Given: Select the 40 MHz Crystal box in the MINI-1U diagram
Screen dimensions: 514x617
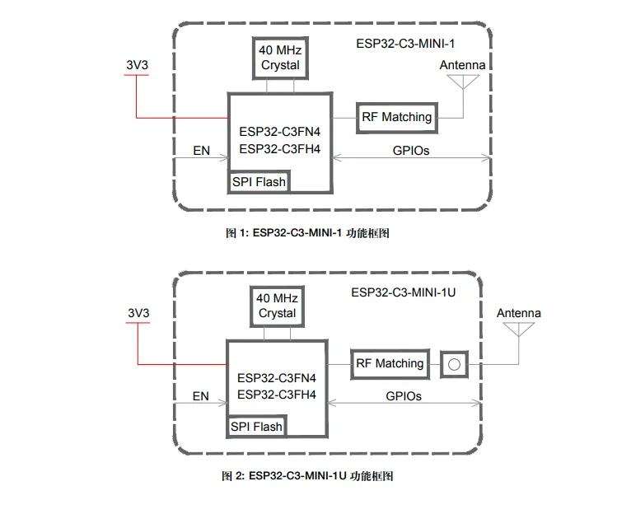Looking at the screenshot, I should (277, 305).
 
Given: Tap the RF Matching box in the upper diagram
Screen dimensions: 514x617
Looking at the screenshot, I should (396, 117).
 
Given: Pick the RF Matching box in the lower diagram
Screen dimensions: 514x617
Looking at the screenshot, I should (390, 363).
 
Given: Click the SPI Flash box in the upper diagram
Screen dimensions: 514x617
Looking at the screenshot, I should (259, 181).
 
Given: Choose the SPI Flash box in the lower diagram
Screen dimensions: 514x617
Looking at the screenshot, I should (256, 427).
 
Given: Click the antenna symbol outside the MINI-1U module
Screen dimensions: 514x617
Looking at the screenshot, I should (518, 329).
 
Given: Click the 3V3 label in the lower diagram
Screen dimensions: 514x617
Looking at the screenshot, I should (138, 313).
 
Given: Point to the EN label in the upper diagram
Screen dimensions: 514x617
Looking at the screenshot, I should (201, 151).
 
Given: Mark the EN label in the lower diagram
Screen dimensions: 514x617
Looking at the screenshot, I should (201, 396).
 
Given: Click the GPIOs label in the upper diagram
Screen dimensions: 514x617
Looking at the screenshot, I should (409, 151).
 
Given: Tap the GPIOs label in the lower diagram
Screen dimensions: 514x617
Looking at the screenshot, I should (404, 396).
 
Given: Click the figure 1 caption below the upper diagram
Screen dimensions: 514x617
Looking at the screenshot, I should (307, 233).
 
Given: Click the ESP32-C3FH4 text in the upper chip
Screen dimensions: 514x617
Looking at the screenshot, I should (279, 149).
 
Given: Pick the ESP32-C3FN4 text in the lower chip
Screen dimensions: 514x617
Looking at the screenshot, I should (277, 378).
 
